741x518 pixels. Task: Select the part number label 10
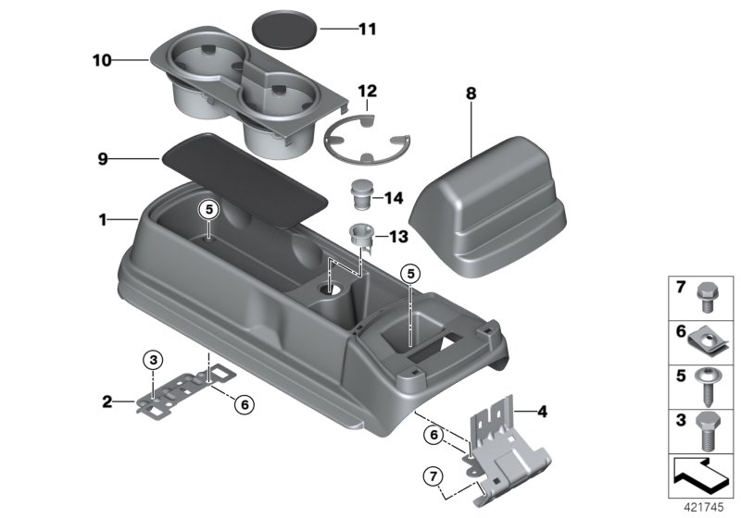click(101, 61)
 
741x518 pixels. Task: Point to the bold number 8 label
click(471, 93)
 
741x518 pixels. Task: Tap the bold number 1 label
click(103, 220)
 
